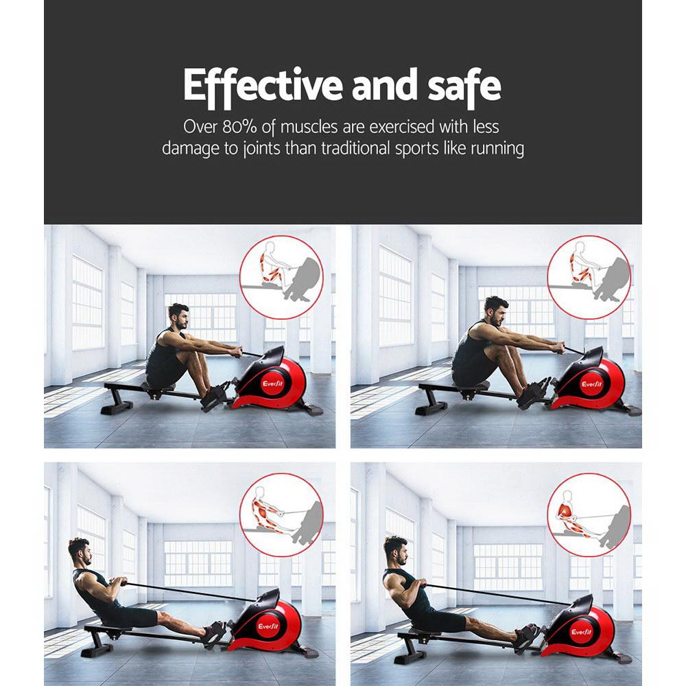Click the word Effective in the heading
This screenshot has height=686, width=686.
pos(262,86)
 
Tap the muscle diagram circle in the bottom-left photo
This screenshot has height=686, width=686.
pos(281,513)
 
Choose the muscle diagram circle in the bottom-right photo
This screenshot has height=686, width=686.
pos(589,513)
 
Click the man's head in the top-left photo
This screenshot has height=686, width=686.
pos(178,316)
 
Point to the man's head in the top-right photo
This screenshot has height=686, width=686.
pos(495,311)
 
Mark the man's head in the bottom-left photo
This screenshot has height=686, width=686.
pos(79,549)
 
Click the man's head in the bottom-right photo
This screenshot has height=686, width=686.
pos(394,549)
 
